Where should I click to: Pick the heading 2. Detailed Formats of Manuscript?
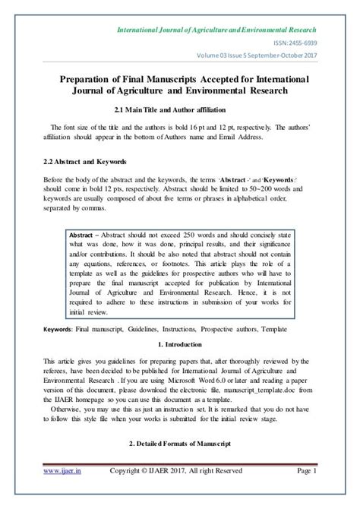coord(180,463)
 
